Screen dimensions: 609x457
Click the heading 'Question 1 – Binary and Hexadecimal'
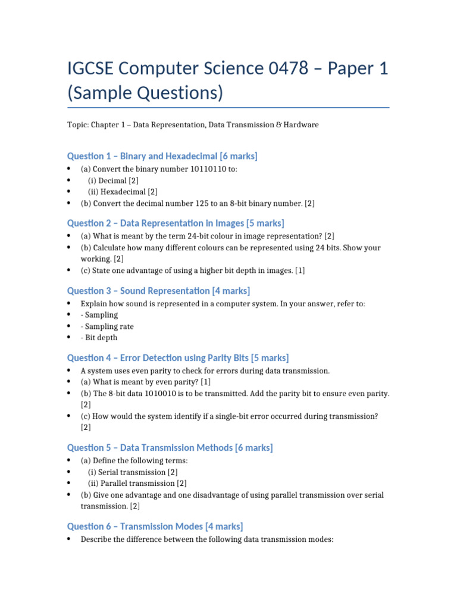click(162, 156)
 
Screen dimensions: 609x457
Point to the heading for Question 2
click(176, 223)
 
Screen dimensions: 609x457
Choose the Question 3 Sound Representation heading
click(158, 291)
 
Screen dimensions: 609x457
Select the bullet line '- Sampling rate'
click(107, 327)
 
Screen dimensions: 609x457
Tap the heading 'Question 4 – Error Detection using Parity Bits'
click(177, 357)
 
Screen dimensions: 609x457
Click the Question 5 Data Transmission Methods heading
click(170, 447)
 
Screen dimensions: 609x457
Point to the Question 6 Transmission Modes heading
click(155, 526)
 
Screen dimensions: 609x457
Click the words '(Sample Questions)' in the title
click(145, 93)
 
